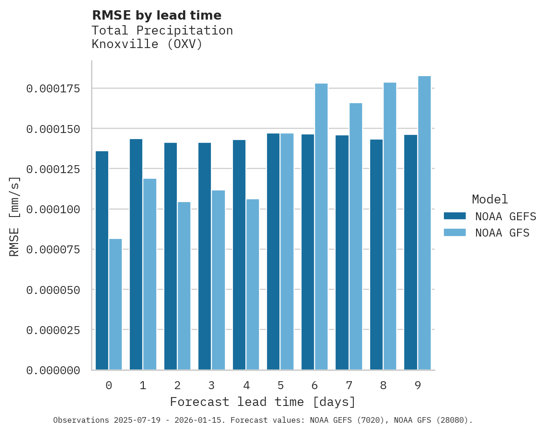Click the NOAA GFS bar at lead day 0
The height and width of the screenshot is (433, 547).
click(115, 304)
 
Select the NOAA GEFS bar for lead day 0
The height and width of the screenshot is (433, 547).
click(102, 260)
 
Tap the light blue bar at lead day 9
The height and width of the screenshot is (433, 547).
click(424, 223)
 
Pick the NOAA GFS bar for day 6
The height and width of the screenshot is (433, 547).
click(321, 227)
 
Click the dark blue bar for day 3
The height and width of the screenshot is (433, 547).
click(204, 256)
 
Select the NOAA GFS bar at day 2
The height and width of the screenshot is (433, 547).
click(184, 286)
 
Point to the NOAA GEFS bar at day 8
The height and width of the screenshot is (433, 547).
click(376, 255)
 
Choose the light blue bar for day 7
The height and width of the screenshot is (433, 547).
click(356, 237)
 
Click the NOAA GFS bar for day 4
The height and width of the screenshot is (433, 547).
click(252, 285)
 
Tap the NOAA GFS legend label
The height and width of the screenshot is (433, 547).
click(502, 232)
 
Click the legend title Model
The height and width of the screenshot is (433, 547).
click(490, 199)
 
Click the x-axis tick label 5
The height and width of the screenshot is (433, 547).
click(281, 385)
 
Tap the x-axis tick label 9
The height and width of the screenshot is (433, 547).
click(418, 385)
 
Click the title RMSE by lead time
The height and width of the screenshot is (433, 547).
click(156, 15)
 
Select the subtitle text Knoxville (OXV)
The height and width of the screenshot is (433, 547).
click(147, 45)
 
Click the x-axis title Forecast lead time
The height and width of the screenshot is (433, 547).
click(263, 402)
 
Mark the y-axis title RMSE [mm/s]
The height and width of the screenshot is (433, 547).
click(14, 216)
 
